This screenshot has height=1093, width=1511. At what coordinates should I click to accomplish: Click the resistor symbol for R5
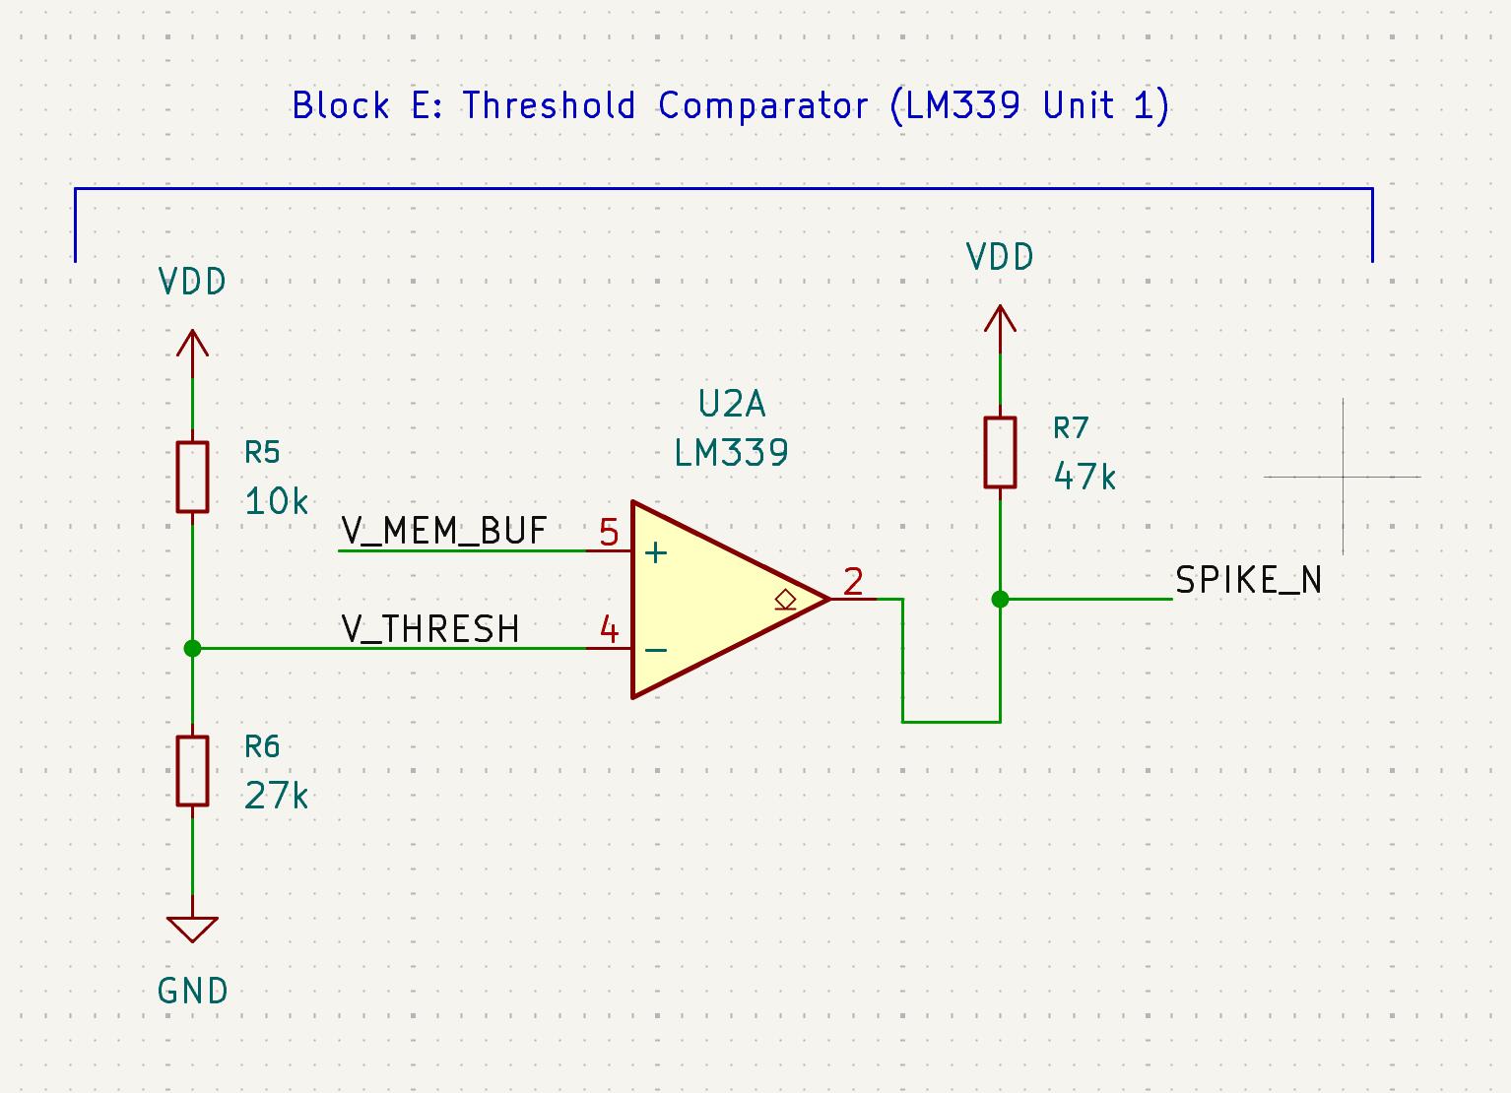point(192,478)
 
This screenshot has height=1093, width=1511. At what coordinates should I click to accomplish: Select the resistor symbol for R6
point(192,771)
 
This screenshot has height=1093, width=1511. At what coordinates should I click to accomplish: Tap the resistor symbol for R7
point(1000,452)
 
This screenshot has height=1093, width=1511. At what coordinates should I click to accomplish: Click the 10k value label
point(276,502)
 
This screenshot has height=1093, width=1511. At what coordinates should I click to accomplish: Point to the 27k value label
point(276,796)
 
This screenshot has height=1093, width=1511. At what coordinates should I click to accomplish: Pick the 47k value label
point(1084,478)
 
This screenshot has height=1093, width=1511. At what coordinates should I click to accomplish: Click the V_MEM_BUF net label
point(443,531)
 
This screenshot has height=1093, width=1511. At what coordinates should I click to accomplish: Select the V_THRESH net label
point(430,629)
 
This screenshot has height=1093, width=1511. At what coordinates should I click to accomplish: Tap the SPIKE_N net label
point(1248,581)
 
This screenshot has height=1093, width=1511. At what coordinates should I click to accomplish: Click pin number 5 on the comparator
point(609,534)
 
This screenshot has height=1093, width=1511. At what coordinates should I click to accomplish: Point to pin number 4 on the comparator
point(610,630)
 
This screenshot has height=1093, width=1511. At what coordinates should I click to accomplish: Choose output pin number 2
point(853,582)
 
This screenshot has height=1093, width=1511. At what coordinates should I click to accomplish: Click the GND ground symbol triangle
point(192,929)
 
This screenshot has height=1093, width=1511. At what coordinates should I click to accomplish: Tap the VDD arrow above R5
point(192,345)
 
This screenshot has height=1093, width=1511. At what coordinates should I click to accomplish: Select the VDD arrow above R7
point(1000,320)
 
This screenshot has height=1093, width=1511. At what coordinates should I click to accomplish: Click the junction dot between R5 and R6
point(192,648)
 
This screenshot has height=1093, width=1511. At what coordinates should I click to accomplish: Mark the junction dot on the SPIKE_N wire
point(1000,599)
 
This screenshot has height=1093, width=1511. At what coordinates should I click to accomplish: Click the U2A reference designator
point(732,404)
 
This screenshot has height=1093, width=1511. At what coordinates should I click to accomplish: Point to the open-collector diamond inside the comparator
point(785,598)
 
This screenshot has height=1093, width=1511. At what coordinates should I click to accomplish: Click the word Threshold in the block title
point(549,105)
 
